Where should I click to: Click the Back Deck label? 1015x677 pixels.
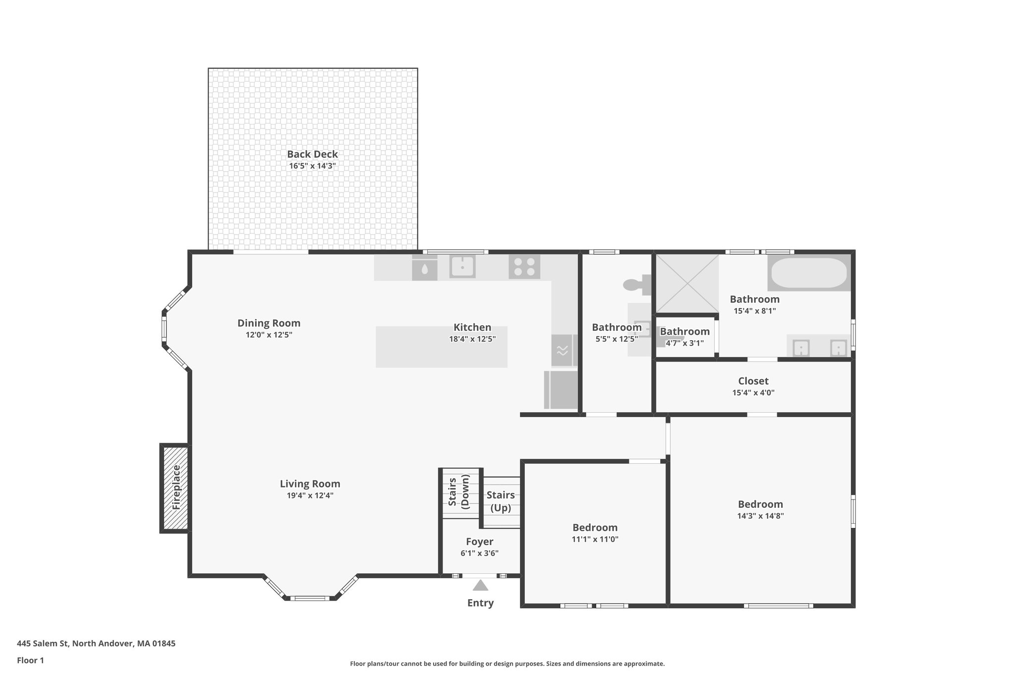(x=312, y=154)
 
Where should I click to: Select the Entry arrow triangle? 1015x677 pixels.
(x=480, y=586)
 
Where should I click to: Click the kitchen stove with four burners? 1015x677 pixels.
(x=524, y=266)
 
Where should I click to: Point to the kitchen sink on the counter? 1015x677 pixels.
(x=462, y=267)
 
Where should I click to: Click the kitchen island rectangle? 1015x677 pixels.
(x=441, y=347)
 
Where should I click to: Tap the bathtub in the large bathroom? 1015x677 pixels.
(x=808, y=273)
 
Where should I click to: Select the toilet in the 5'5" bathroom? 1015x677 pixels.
(x=637, y=284)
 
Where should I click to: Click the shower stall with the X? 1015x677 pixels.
(x=687, y=283)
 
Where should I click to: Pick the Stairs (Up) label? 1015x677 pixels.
(x=501, y=501)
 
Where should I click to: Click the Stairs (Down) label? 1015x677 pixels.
(x=459, y=492)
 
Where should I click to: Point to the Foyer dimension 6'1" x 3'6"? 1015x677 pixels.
(x=479, y=554)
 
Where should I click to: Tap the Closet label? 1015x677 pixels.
(x=753, y=381)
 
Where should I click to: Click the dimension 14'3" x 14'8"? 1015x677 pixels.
(x=760, y=516)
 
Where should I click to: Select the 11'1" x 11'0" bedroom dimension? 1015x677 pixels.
(x=595, y=539)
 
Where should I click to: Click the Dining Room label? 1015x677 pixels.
(x=269, y=323)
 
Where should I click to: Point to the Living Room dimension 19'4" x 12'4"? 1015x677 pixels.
(x=310, y=495)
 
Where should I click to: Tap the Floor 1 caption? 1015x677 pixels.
(x=31, y=660)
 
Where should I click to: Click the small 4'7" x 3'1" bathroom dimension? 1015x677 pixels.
(x=684, y=343)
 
